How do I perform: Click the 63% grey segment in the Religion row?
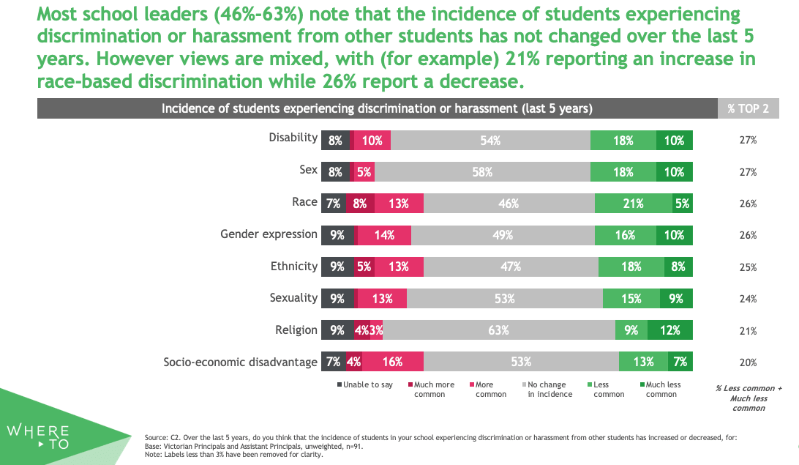tap(498, 330)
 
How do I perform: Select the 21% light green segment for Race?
tap(634, 204)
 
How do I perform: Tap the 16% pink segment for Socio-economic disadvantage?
tap(392, 362)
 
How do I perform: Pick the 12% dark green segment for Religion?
tap(670, 330)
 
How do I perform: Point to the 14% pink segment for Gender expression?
tap(384, 235)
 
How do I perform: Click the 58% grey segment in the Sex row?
tap(482, 172)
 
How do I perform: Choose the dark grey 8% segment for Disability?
tap(335, 141)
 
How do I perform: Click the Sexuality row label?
tap(294, 297)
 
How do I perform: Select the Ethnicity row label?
tap(294, 266)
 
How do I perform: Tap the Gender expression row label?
tap(269, 234)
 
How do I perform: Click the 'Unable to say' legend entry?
tap(364, 384)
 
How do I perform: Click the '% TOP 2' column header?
tap(748, 108)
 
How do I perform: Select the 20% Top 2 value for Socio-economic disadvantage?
tap(748, 362)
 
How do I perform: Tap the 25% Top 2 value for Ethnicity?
tap(748, 267)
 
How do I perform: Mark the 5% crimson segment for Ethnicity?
tap(364, 267)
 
